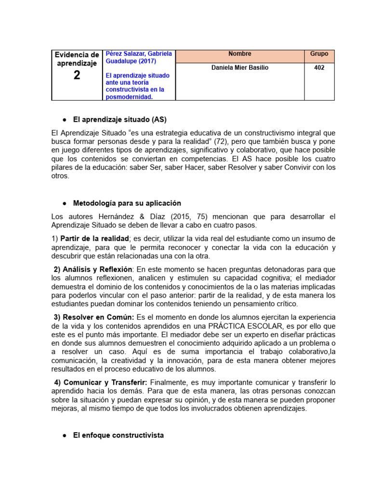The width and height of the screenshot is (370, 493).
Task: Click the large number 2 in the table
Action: (77, 75)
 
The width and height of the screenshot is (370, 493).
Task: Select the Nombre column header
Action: (239, 54)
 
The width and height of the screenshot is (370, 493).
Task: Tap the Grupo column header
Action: (319, 54)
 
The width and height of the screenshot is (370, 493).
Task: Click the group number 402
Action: (319, 68)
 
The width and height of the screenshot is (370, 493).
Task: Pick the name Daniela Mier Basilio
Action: (240, 68)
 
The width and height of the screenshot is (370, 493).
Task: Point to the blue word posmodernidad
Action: (129, 97)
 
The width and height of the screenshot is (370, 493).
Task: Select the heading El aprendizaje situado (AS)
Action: (119, 119)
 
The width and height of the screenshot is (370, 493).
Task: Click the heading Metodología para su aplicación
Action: (127, 203)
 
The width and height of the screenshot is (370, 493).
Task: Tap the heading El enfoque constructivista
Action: (118, 435)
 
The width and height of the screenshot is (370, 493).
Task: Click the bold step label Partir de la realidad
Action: (94, 239)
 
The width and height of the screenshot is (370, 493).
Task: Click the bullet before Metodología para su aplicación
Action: (64, 204)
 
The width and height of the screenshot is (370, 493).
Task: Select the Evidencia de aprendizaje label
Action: (77, 59)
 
